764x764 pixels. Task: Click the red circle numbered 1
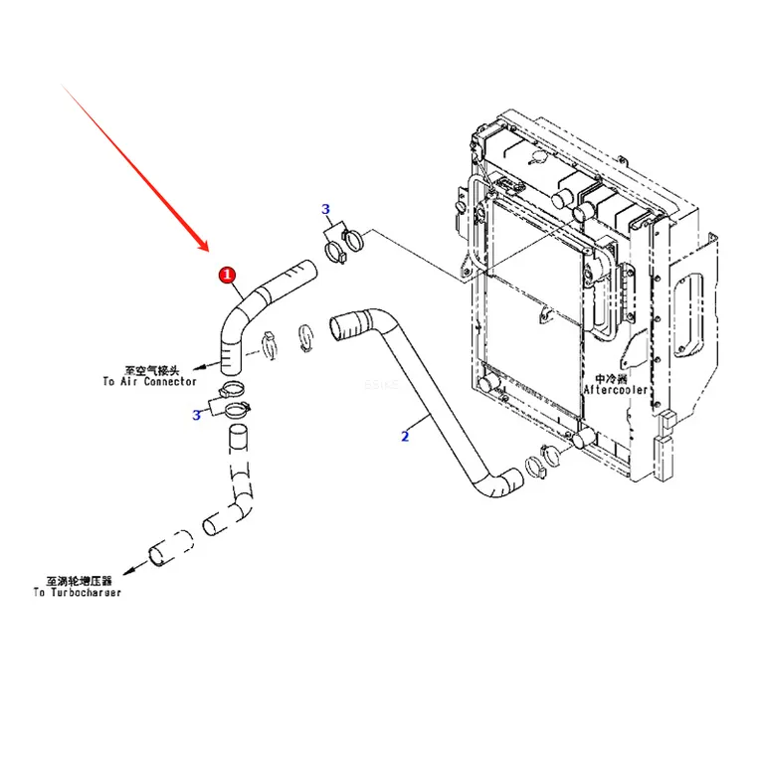[x=227, y=275]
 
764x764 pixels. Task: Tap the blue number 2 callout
[x=405, y=436]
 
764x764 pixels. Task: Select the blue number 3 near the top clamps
[x=326, y=209]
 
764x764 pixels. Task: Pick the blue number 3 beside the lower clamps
[x=196, y=415]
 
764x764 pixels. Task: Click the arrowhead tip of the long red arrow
[x=208, y=252]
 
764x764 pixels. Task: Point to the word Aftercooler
[x=616, y=390]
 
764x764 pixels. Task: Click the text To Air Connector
[x=149, y=382]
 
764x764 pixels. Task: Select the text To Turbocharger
[x=77, y=593]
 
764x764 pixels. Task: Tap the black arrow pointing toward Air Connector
[x=207, y=366]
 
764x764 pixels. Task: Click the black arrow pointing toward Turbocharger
[x=136, y=567]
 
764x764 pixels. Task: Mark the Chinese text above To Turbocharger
[x=79, y=581]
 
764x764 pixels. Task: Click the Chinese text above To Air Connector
[x=152, y=370]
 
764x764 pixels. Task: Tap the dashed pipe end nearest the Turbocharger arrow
[x=156, y=556]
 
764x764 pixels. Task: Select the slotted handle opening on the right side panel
[x=689, y=314]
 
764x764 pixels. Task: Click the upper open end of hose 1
[x=309, y=270]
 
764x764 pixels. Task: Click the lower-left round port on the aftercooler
[x=486, y=384]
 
